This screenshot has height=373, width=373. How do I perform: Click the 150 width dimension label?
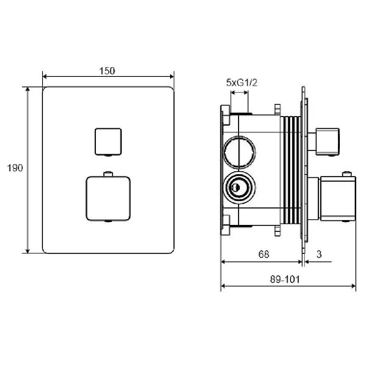[x=107, y=70]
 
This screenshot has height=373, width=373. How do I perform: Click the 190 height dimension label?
[x=15, y=168]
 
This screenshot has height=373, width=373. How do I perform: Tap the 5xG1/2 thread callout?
[x=242, y=83]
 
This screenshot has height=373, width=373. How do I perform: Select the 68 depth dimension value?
[x=264, y=254]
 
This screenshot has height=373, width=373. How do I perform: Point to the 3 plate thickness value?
[x=319, y=254]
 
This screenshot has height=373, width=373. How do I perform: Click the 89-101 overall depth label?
[x=285, y=279]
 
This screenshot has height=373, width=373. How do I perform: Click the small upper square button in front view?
[x=108, y=141]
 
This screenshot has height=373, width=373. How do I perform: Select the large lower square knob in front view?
[x=108, y=198]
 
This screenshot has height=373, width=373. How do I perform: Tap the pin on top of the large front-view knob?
[x=108, y=174]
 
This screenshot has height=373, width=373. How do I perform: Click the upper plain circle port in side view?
[x=239, y=151]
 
